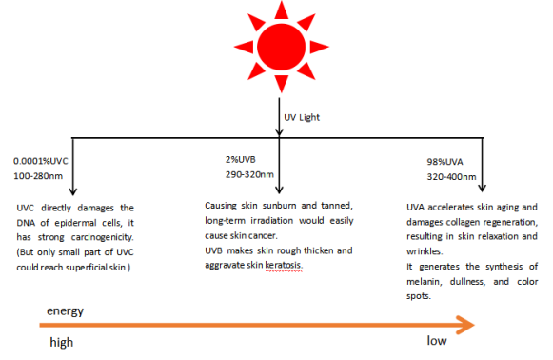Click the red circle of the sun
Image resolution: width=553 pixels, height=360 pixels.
tap(282, 47)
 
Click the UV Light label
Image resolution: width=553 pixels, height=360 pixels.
tap(302, 117)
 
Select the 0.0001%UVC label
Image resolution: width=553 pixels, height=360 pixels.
tap(41, 161)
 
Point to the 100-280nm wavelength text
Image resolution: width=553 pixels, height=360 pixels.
tap(38, 176)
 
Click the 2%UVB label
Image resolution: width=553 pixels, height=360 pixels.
tap(241, 160)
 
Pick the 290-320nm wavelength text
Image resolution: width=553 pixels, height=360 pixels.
tap(249, 174)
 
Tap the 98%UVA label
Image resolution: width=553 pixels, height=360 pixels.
tap(445, 162)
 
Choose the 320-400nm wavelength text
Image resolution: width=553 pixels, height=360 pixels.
tap(451, 176)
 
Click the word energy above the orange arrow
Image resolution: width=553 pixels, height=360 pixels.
tap(66, 310)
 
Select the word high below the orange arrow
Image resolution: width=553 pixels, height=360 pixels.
tap(62, 342)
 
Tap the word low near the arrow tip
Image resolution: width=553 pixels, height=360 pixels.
tap(437, 340)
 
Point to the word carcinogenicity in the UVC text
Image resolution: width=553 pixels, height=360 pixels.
tap(102, 237)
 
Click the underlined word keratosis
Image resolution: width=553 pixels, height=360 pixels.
tap(284, 265)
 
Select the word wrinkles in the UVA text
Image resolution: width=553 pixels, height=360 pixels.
tap(425, 251)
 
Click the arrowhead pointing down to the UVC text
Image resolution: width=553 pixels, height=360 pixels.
tap(73, 191)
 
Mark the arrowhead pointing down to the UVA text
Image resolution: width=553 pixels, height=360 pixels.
tap(483, 188)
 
